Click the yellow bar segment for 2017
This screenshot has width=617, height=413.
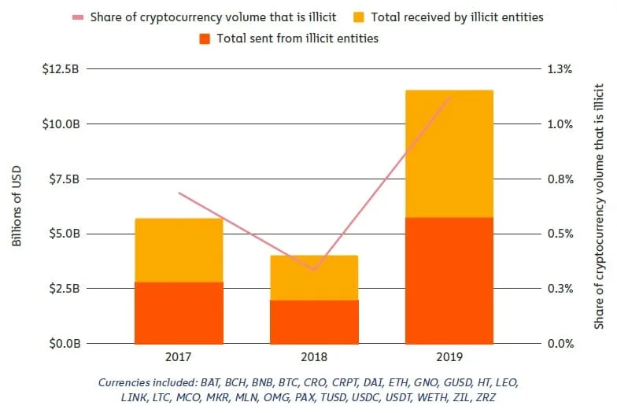pos(179,249)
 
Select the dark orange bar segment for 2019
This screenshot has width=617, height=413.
pos(449,280)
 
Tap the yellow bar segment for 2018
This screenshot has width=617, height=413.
pos(314,277)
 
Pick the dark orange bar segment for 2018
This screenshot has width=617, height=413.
pos(314,322)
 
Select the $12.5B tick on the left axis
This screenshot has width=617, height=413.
pos(61,69)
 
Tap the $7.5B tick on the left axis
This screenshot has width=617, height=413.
pos(62,179)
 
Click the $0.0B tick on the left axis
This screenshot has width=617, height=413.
pos(62,344)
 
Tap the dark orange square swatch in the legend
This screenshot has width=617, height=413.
pos(205,39)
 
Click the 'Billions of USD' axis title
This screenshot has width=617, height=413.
pos(17,206)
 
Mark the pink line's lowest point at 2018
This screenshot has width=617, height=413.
pos(314,271)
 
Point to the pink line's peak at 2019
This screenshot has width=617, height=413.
pos(449,97)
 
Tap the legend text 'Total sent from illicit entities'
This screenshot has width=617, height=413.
pos(298,39)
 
